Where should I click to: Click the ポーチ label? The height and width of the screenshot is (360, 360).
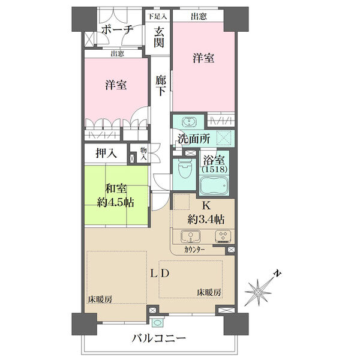[x=117, y=29]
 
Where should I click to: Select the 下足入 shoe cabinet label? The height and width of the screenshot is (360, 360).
[x=157, y=16]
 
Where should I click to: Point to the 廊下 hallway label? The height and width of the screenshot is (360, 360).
[x=160, y=85]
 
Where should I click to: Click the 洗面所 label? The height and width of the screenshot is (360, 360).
[x=194, y=139]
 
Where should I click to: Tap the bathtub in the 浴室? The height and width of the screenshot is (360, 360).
[x=214, y=185]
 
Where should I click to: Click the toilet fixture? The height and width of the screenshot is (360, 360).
[x=184, y=169]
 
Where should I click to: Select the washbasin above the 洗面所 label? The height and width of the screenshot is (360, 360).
[x=190, y=122]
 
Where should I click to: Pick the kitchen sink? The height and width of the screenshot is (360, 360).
[x=190, y=236]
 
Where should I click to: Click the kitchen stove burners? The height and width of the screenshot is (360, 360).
[x=223, y=236]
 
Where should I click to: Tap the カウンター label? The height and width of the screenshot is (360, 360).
[x=194, y=250]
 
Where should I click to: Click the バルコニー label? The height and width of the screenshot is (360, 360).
[x=158, y=338]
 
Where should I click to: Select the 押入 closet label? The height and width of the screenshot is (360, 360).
[x=106, y=153]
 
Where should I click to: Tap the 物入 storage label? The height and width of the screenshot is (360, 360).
[x=143, y=154]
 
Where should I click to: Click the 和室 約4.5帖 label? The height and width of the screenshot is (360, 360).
[x=115, y=196]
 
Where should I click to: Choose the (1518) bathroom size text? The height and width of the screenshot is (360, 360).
[x=214, y=169]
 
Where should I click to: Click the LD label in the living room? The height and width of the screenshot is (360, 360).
[x=160, y=274]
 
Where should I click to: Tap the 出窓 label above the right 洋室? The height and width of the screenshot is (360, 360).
[x=199, y=17]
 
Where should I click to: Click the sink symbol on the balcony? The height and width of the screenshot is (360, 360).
[x=157, y=323]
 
